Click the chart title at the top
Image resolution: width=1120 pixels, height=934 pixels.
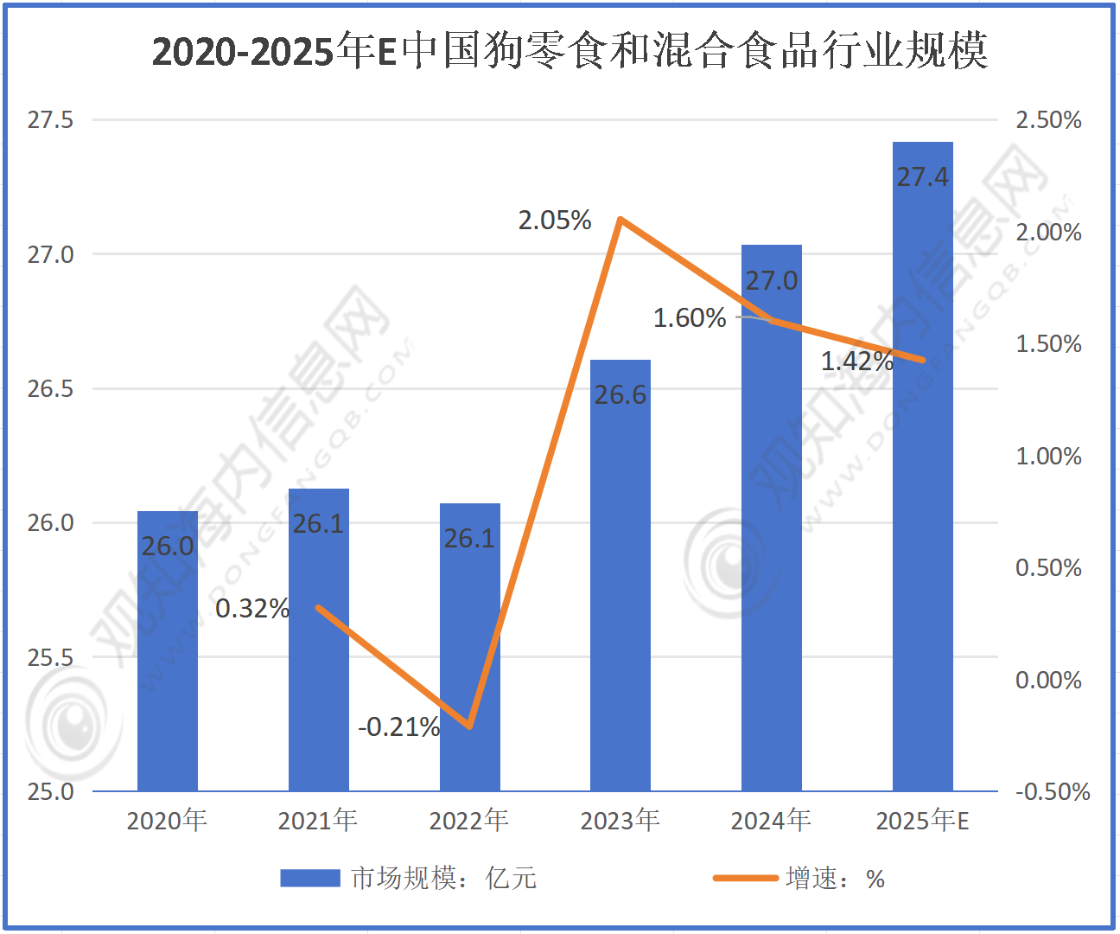(x=570, y=51)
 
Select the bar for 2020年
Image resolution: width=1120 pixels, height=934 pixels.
(x=168, y=657)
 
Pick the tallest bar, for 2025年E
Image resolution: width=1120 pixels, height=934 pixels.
(x=922, y=484)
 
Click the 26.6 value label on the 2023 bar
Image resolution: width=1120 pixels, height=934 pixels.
(x=620, y=395)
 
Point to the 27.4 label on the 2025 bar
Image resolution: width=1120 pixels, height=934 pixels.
(x=922, y=177)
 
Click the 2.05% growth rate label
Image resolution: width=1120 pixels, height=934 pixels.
(x=555, y=221)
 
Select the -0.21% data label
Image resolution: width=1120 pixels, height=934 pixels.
(x=399, y=727)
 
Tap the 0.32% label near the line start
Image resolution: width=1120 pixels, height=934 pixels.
(x=251, y=609)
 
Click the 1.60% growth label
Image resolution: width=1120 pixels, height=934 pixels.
(x=690, y=318)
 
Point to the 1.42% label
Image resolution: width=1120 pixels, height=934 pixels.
(x=856, y=361)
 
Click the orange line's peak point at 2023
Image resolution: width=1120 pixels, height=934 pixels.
(x=620, y=219)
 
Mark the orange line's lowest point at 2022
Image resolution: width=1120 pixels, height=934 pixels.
(x=469, y=726)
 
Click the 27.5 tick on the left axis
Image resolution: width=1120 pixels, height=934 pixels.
(x=50, y=120)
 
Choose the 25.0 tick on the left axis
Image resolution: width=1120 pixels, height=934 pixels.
(x=50, y=791)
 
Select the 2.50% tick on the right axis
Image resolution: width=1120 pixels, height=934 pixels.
(x=1048, y=120)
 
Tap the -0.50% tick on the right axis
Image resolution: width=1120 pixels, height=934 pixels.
(x=1052, y=791)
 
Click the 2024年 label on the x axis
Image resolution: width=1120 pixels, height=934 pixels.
(x=771, y=820)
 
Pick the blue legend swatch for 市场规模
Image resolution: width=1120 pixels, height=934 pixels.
(x=310, y=879)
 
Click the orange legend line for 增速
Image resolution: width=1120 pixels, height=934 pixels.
(x=745, y=879)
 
